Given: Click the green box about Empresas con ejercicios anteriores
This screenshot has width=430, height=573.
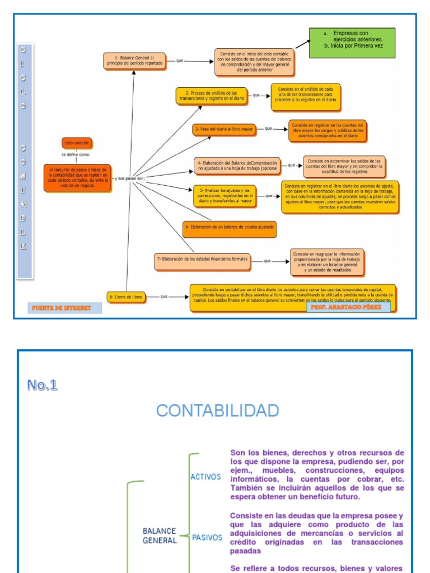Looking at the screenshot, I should [352, 43].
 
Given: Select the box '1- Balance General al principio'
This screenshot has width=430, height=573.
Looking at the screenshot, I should [135, 61].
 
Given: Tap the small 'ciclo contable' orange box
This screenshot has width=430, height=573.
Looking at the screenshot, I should [76, 143].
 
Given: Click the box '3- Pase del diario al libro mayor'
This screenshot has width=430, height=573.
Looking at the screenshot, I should [224, 129].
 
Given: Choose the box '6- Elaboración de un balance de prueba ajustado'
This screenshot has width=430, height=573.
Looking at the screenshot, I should [230, 227].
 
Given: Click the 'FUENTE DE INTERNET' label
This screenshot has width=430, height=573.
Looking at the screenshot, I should [64, 308].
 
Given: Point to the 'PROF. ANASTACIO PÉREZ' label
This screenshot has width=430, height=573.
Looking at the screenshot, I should [348, 307].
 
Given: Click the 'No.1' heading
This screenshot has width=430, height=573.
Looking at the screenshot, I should [42, 385].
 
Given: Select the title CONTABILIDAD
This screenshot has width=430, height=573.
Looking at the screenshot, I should [217, 410].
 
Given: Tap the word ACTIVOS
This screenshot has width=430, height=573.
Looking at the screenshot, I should [206, 477].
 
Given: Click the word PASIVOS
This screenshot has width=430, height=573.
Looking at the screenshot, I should [207, 538].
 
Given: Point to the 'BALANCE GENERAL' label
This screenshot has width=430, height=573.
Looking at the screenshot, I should [160, 536].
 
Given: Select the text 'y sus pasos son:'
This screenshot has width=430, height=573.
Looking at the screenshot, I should [129, 179].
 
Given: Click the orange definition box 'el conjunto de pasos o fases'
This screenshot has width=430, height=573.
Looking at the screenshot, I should [77, 177].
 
